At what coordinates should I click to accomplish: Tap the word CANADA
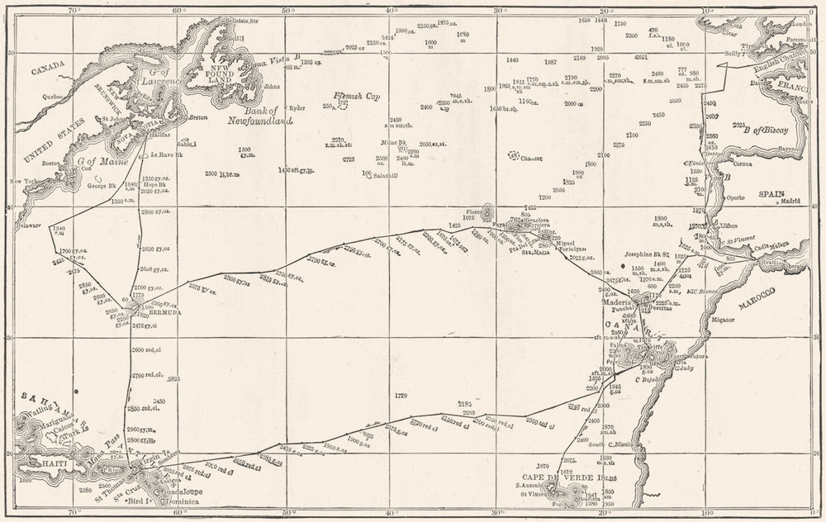pos(48,72)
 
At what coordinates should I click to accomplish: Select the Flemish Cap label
pos(355,95)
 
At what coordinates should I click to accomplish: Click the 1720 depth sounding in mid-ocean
pos(402,395)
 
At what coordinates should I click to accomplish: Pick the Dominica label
pos(183,501)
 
